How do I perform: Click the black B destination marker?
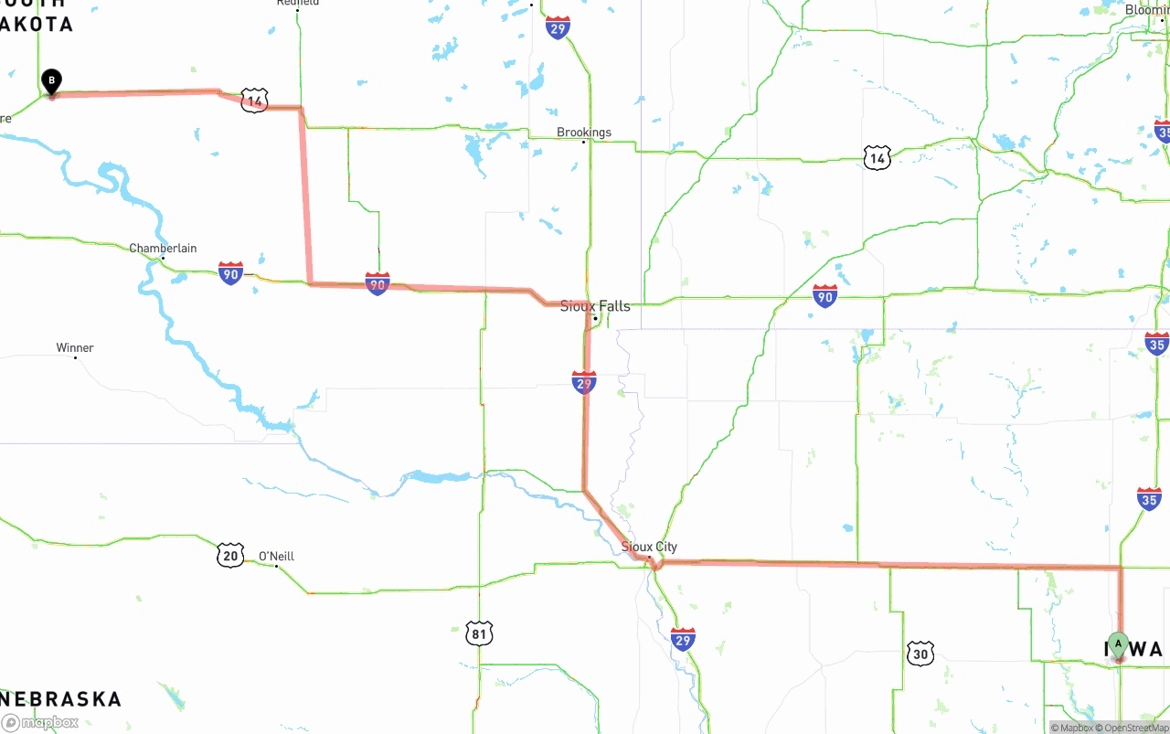pos(52,81)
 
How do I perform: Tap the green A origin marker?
pos(1118,644)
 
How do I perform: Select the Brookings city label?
pos(584,133)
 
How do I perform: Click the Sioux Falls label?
pos(595,306)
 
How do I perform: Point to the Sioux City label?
pos(649,547)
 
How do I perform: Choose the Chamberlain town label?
pos(163,249)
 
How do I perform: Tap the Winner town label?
pos(75,348)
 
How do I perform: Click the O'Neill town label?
pos(276,557)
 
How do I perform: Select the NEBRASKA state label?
pos(61,699)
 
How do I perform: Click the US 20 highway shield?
pos(230,554)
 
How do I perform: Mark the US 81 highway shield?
pos(479,633)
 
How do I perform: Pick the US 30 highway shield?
pos(920,653)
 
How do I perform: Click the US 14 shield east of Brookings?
pos(877,159)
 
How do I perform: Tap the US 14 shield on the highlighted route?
pos(254,101)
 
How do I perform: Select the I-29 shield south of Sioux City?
pos(683,639)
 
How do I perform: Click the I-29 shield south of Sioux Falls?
pos(584,382)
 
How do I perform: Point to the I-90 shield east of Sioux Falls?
pos(825,295)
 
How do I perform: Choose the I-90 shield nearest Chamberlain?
pos(230,272)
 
